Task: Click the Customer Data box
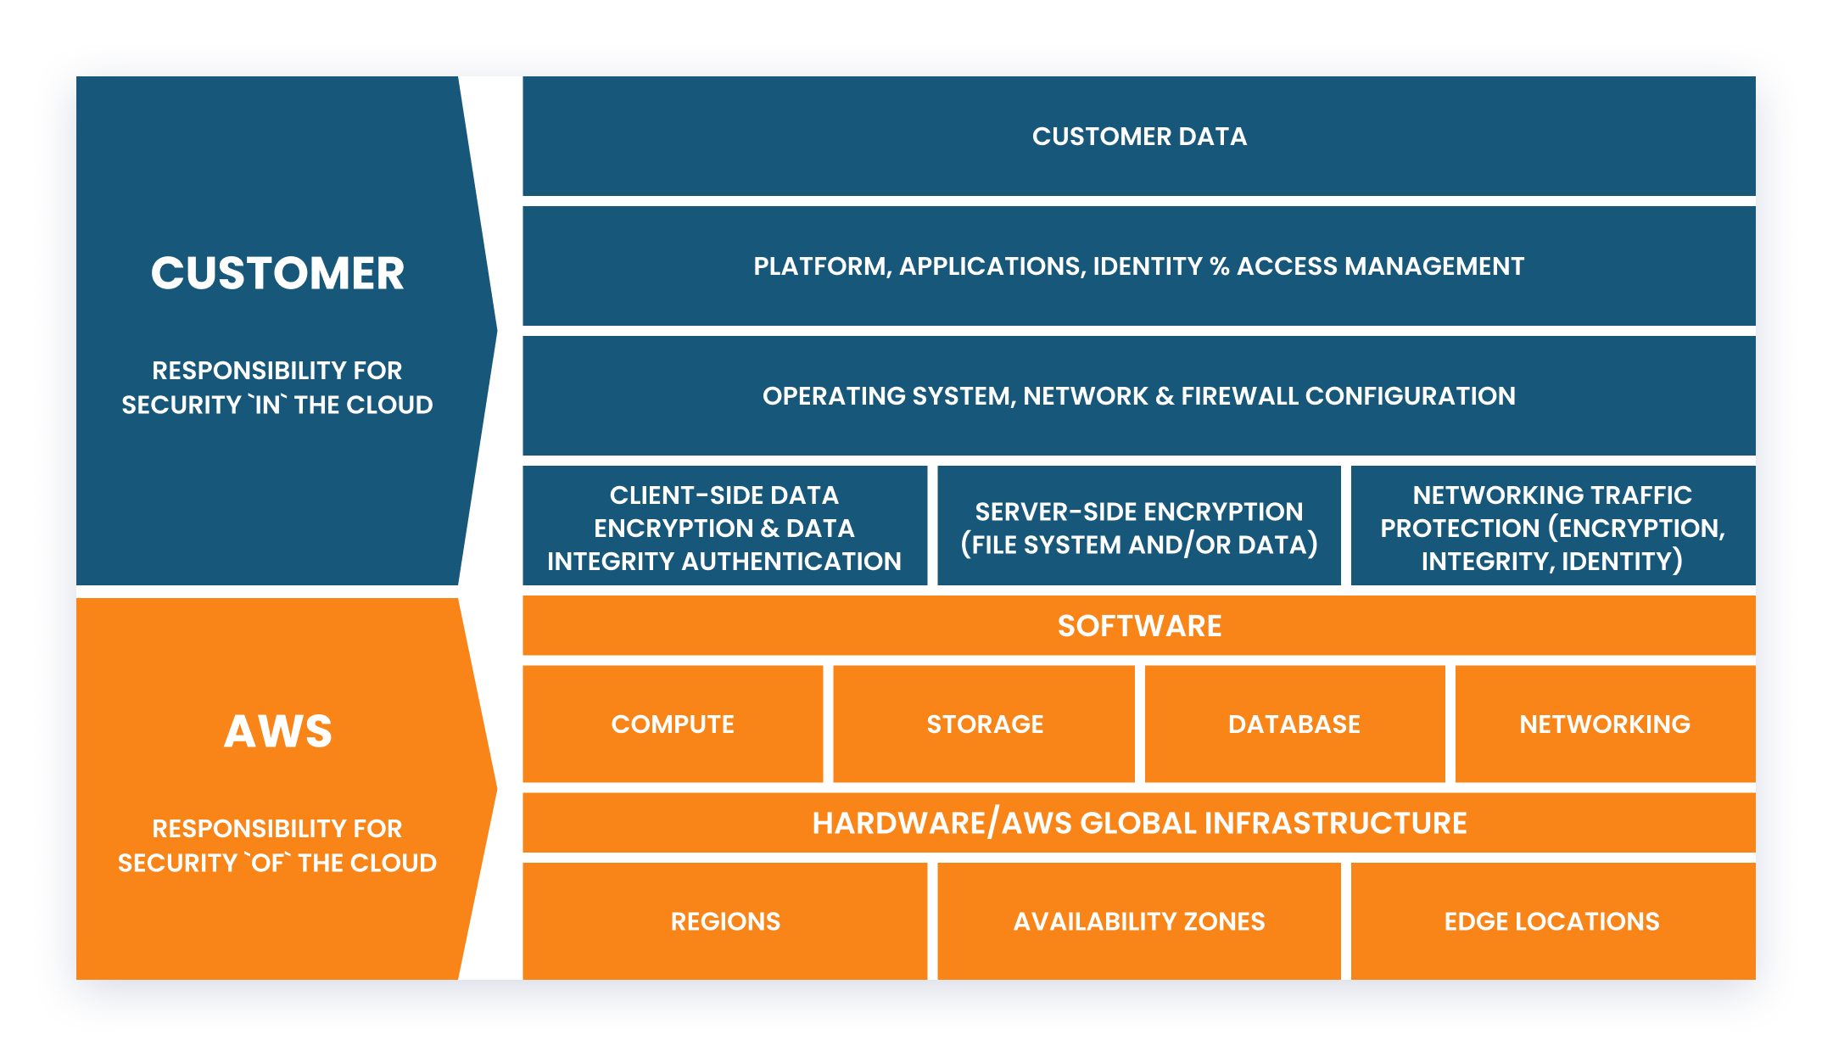[1138, 137]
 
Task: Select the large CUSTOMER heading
[277, 273]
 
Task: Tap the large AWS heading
[277, 731]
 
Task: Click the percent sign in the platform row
[1220, 267]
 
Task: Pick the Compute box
[673, 724]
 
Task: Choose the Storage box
[984, 724]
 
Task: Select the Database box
[1294, 724]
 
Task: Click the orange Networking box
[1605, 724]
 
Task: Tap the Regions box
[725, 921]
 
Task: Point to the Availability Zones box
[1138, 921]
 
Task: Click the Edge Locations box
[1552, 921]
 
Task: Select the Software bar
[1138, 626]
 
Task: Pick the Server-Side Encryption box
[1138, 528]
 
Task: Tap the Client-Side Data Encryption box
[724, 528]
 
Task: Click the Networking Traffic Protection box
[1552, 528]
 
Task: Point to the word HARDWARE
[898, 824]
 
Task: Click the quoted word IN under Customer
[267, 405]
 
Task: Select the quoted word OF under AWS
[268, 864]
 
